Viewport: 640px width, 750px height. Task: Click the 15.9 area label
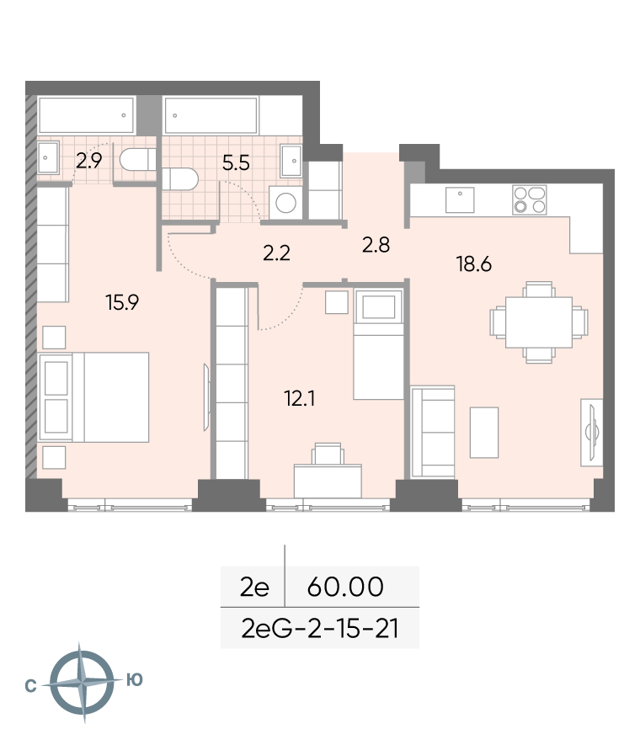[122, 302]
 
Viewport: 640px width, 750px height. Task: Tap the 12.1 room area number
[300, 398]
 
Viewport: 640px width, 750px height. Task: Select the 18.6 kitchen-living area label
[474, 264]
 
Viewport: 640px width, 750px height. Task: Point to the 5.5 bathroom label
[236, 163]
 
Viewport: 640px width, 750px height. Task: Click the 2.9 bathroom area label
[89, 161]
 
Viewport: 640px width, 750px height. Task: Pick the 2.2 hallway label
[276, 253]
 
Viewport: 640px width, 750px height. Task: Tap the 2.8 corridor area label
[376, 245]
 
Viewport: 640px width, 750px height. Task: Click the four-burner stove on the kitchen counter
[530, 199]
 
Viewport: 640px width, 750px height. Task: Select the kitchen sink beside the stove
[460, 199]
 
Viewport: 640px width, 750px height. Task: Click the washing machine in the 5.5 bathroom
[285, 202]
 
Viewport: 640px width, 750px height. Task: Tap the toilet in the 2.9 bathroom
[138, 159]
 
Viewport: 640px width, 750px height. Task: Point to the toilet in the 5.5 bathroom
[180, 179]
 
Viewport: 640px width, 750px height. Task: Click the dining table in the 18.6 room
[539, 322]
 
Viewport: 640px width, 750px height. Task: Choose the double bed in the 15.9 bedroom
[94, 397]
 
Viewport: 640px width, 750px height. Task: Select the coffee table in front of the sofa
[484, 433]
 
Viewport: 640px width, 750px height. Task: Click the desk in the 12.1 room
[328, 481]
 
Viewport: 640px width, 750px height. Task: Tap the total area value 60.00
[345, 587]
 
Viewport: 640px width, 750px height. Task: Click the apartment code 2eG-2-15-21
[320, 629]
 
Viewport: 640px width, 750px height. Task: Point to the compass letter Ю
[135, 679]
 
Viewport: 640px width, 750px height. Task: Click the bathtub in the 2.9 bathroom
[86, 115]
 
